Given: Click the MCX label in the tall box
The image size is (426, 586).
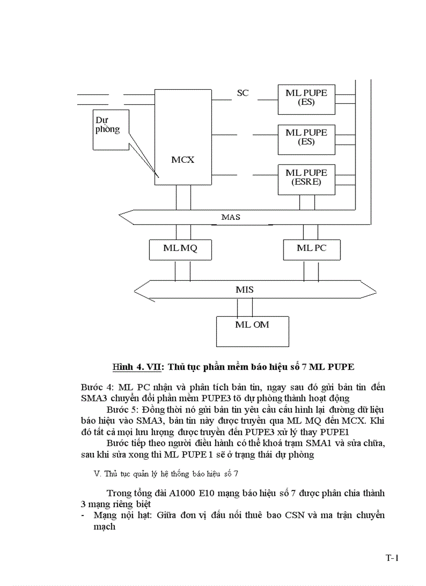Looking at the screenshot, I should [183, 160].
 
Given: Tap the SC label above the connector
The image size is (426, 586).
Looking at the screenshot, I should [243, 93].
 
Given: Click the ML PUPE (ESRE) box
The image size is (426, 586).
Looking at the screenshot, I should [306, 177].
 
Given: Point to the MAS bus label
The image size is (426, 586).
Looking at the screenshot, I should [231, 217].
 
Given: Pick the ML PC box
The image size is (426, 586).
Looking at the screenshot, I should [312, 248].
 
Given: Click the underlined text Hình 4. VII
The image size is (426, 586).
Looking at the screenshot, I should [137, 367].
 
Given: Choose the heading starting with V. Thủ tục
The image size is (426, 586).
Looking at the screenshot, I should [165, 474].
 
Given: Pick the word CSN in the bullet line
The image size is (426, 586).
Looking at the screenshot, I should [283, 516].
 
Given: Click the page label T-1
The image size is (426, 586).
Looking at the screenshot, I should [392, 558].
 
